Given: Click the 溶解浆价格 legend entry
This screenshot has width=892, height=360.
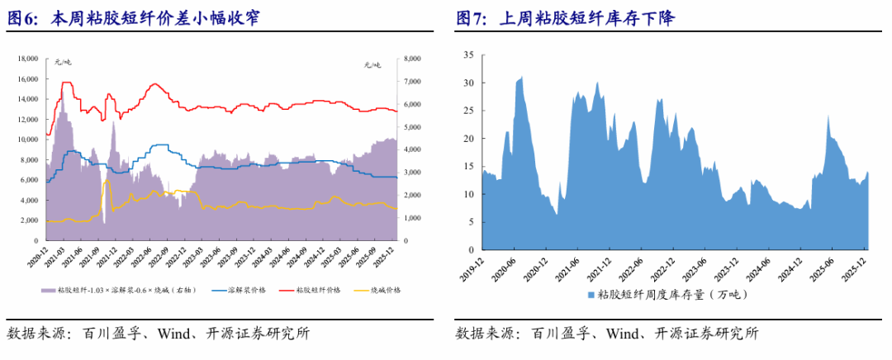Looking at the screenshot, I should click(x=247, y=290).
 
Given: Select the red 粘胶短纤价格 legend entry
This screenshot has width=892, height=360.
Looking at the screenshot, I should click(x=316, y=290).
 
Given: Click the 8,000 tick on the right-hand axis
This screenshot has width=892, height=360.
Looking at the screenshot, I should click(x=410, y=59).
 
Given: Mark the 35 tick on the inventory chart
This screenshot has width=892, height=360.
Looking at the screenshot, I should click(x=467, y=55).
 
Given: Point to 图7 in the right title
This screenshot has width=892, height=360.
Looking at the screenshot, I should click(x=472, y=18).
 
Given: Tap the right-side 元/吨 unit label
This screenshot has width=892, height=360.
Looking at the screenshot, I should click(x=372, y=64).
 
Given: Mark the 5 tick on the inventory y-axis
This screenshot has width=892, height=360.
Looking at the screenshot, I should click(x=470, y=221).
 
